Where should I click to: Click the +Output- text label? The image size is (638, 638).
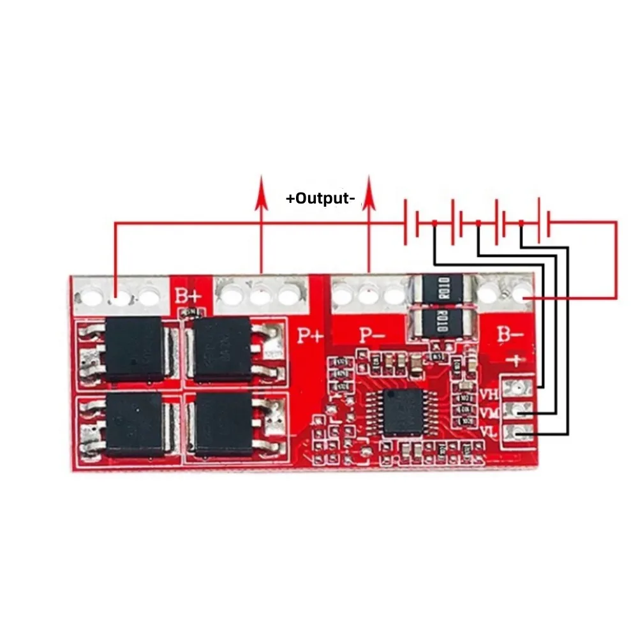320,198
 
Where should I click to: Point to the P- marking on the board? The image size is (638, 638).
373,335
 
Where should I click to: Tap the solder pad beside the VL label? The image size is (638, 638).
518,434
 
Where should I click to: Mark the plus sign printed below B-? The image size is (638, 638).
514,360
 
